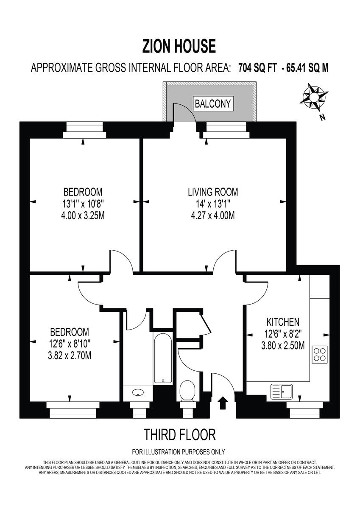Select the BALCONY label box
click(x=213, y=103)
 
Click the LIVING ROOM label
click(x=213, y=192)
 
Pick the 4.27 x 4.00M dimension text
click(x=213, y=216)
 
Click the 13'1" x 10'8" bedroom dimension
click(x=83, y=204)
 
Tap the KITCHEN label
click(x=283, y=322)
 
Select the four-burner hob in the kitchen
click(x=319, y=354)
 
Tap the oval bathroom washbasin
click(x=138, y=393)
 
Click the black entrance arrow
click(x=222, y=403)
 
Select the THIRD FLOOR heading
click(x=180, y=435)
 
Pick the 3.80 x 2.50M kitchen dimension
click(x=283, y=346)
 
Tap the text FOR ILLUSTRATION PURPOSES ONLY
click(x=179, y=452)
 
